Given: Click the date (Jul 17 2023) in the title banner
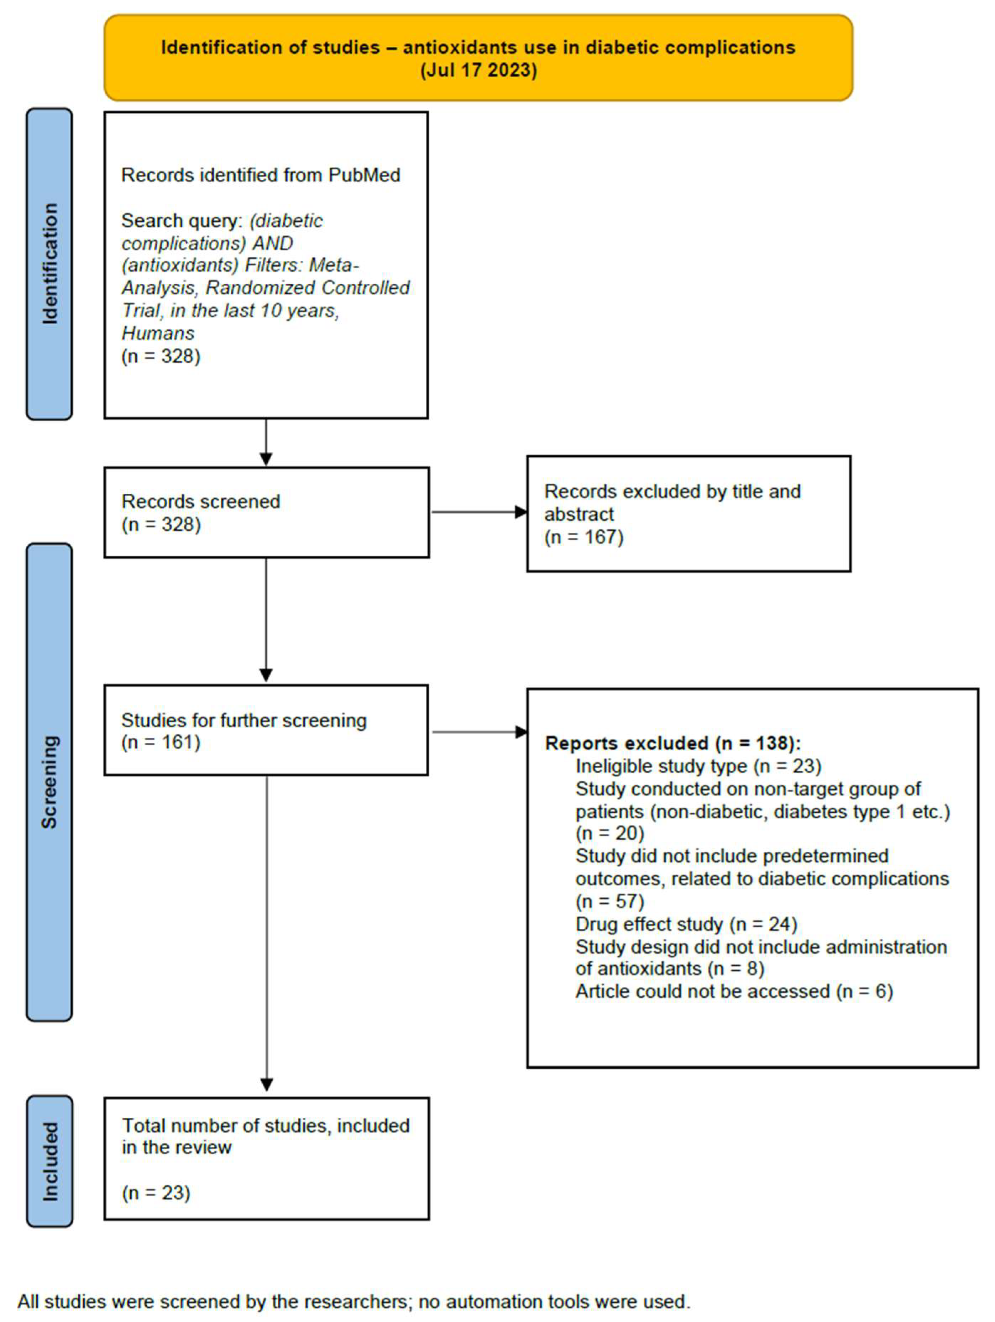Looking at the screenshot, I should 478,70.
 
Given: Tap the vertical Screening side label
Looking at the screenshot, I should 49,782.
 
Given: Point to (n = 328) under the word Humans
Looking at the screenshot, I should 161,356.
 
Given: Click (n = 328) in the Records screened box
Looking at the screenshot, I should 161,524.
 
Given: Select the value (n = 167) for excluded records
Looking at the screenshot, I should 584,537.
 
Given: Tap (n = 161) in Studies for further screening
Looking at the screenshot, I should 161,742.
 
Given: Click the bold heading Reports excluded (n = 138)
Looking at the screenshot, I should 672,743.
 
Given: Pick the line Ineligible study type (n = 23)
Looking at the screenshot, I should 698,766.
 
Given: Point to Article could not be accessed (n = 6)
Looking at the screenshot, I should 734,992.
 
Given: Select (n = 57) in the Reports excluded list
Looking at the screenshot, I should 609,901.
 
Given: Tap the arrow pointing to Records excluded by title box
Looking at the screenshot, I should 478,512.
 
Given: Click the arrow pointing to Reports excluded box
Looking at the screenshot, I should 478,731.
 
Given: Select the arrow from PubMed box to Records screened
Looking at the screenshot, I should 266,442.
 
